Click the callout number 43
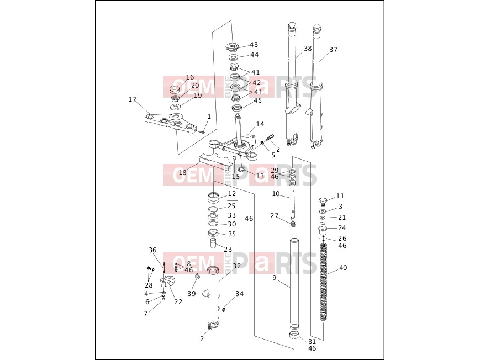tap(254, 45)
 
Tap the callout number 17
tap(132, 99)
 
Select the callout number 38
tap(308, 49)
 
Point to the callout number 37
tap(334, 50)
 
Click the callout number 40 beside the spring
tap(343, 268)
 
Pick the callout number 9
tap(275, 278)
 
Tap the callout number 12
tap(232, 194)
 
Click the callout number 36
tap(152, 250)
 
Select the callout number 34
tap(239, 294)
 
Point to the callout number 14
tap(260, 124)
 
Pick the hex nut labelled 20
tap(176, 99)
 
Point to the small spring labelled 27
tap(293, 224)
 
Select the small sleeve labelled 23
tap(213, 244)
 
